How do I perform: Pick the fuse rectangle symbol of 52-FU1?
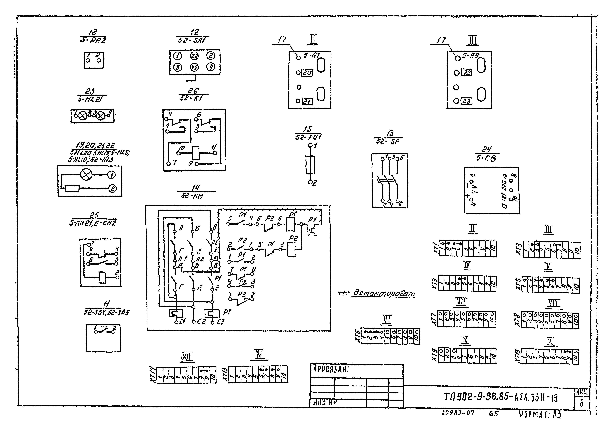[310, 165]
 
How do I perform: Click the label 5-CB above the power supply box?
[486, 158]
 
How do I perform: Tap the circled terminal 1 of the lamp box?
[112, 175]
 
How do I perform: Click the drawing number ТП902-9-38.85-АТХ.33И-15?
[500, 397]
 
